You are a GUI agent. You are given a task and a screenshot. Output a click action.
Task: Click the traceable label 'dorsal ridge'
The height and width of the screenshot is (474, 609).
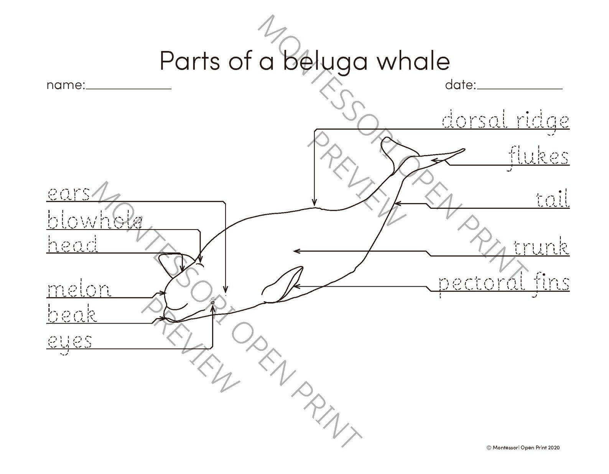click(505, 121)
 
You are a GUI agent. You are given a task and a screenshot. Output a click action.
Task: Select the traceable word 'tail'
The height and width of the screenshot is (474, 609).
click(552, 200)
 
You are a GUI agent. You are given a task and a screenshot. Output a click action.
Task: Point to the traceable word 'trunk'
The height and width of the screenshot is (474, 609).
click(541, 247)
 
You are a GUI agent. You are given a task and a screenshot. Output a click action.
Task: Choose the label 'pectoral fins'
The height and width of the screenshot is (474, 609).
click(504, 284)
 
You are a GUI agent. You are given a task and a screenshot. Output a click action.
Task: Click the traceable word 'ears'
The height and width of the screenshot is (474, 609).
click(69, 194)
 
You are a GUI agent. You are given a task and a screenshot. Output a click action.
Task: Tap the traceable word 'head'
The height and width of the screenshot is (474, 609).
click(72, 244)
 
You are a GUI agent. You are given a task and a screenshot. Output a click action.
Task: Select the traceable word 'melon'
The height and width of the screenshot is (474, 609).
click(79, 290)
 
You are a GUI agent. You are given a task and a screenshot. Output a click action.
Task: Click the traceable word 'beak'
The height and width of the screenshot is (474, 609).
click(72, 315)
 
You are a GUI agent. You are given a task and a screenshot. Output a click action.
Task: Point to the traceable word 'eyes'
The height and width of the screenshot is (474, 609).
click(70, 341)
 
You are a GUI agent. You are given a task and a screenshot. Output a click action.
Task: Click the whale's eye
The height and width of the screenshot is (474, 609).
click(213, 302)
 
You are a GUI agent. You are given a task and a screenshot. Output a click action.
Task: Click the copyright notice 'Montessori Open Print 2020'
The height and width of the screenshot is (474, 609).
click(524, 447)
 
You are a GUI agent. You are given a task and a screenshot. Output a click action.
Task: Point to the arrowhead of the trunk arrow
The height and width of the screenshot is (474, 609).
click(295, 251)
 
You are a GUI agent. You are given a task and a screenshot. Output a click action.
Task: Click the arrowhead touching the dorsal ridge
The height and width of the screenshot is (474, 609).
click(314, 203)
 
